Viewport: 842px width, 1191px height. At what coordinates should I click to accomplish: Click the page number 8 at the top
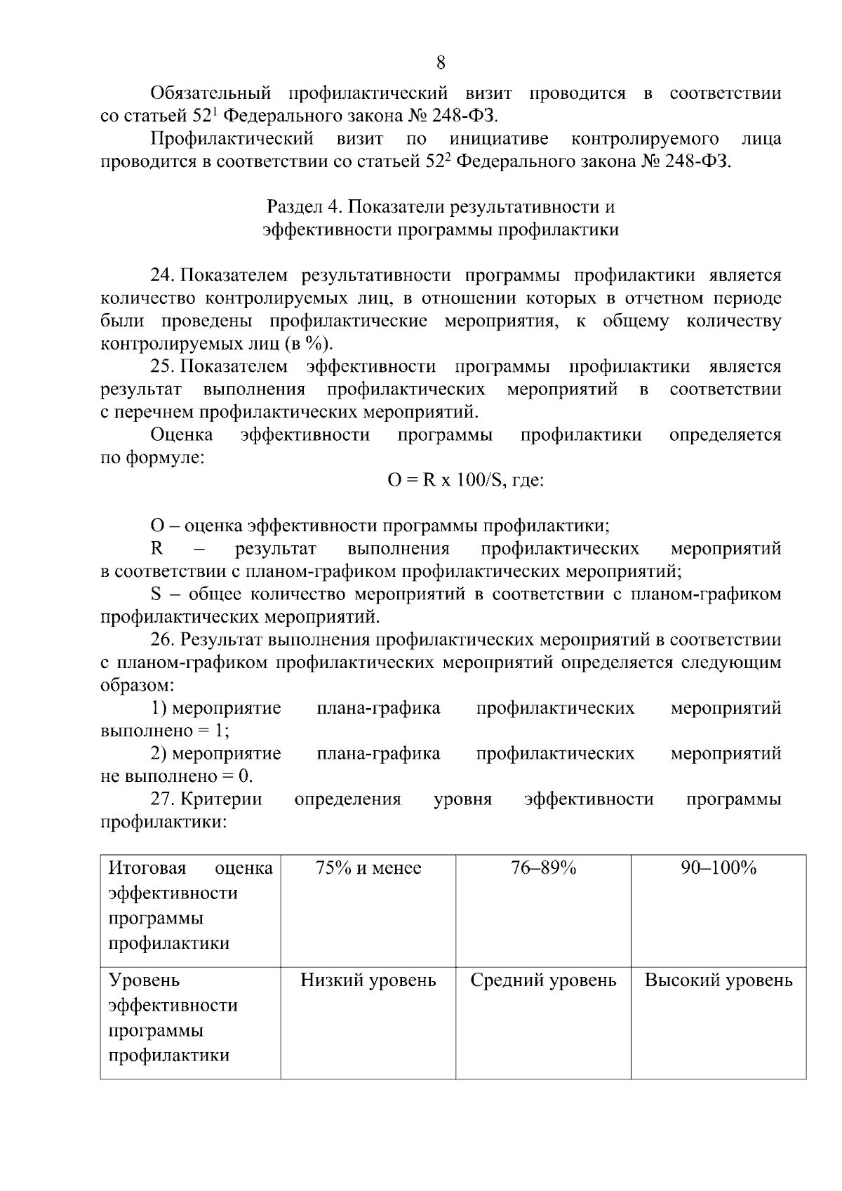click(x=441, y=63)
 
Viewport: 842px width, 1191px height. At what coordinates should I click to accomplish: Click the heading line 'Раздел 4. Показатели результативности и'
click(x=441, y=207)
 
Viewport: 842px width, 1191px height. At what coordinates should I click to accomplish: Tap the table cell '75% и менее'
click(x=368, y=868)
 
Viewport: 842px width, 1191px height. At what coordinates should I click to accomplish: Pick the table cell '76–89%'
click(x=543, y=868)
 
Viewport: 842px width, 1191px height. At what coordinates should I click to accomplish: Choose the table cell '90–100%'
click(x=719, y=868)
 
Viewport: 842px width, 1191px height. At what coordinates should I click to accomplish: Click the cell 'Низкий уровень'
click(x=368, y=980)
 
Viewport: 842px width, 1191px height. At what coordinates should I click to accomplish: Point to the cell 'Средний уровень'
click(x=543, y=980)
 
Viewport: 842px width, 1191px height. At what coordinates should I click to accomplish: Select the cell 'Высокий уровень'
click(x=719, y=980)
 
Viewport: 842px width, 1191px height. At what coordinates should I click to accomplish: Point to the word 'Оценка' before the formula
click(x=182, y=434)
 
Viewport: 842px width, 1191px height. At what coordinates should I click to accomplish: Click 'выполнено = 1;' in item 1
click(x=166, y=731)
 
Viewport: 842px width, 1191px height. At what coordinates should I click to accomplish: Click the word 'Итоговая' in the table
click(x=147, y=868)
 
